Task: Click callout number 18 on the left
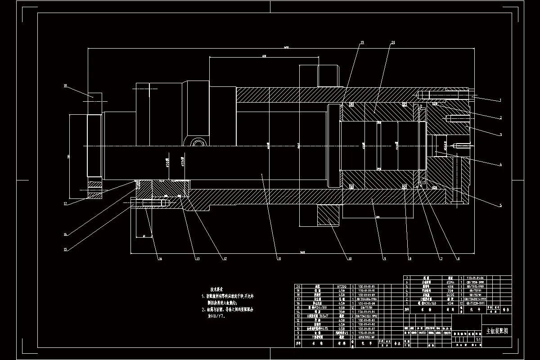pos(65,85)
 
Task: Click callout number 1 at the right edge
pos(499,100)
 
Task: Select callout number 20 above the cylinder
pos(393,43)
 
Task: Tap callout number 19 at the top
pos(361,43)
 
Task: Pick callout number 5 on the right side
pos(499,206)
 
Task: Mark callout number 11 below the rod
pos(279,259)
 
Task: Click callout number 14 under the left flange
pos(159,258)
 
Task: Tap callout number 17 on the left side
pos(65,203)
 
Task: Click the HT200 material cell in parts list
pos(342,286)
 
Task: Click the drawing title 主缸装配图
pos(496,331)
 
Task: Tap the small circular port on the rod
pos(198,144)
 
